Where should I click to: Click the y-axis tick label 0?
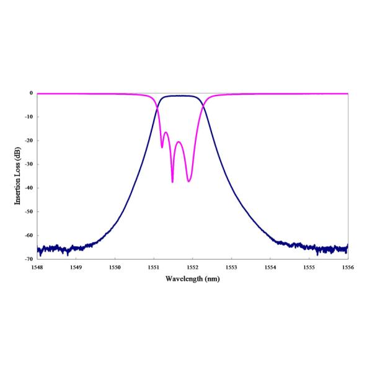click(30, 93)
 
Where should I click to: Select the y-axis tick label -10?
click(27, 117)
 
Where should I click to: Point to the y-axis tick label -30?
click(27, 164)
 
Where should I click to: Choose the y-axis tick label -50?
click(27, 211)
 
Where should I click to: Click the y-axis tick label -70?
click(27, 258)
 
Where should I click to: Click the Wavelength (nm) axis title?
click(192, 278)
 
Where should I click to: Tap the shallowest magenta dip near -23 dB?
click(162, 147)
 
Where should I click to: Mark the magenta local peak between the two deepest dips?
click(179, 142)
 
